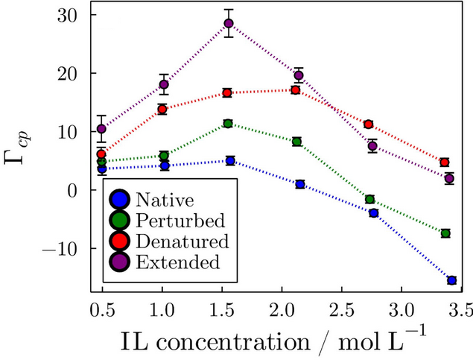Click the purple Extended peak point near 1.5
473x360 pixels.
click(x=229, y=23)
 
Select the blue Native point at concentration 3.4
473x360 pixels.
click(x=451, y=280)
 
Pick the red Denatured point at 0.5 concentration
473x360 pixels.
click(x=101, y=154)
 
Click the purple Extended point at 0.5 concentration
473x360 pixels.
click(x=101, y=129)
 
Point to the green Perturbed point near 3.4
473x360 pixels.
click(x=445, y=233)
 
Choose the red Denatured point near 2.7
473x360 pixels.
click(x=368, y=124)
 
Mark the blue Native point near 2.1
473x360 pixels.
click(x=300, y=184)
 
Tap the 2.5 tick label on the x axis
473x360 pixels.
click(x=341, y=307)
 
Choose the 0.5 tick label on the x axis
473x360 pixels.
click(x=101, y=307)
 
